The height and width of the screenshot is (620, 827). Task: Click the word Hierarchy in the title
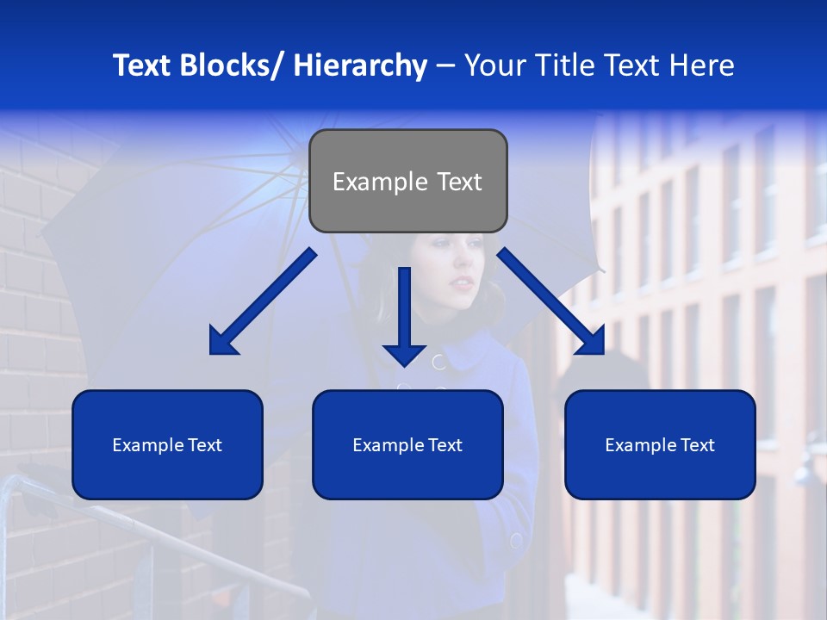pos(360,65)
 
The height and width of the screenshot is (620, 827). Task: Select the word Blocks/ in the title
pos(233,65)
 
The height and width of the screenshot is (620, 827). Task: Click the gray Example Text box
pos(407,181)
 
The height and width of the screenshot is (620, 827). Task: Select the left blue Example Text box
pos(167,444)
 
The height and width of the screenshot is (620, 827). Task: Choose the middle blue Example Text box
pos(407,444)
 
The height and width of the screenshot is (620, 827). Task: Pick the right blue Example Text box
pos(660,444)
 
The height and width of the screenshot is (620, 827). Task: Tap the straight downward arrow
pos(404,314)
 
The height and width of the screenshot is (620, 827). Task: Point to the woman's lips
pos(463,282)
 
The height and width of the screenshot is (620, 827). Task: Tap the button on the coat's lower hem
pos(516,541)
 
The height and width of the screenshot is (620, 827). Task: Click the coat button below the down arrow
pos(438,361)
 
